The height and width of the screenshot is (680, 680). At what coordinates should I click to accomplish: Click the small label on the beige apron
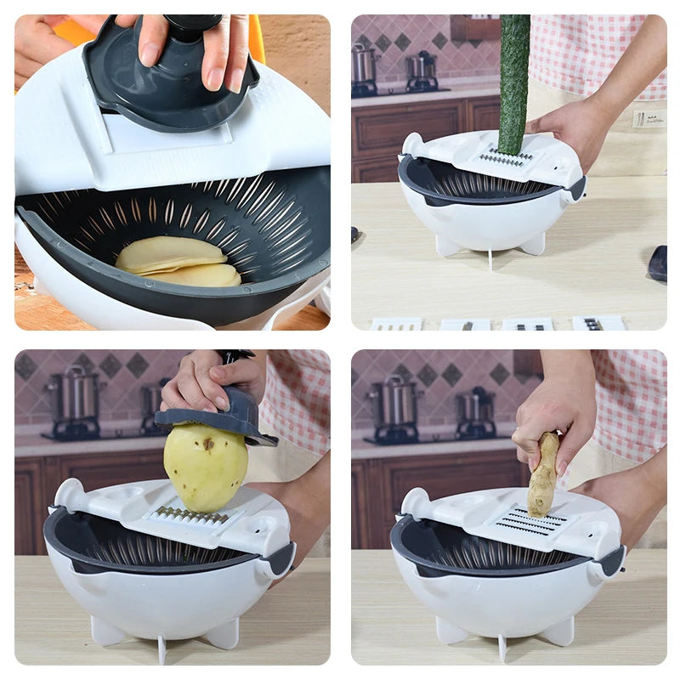coord(649,118)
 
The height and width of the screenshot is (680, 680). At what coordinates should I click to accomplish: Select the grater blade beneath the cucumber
coord(507,158)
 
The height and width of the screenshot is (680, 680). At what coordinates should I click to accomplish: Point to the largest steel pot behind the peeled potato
coord(75,394)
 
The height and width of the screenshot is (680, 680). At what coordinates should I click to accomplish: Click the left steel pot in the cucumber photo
coord(365,65)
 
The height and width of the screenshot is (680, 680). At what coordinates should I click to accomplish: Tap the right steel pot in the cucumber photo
coord(421,70)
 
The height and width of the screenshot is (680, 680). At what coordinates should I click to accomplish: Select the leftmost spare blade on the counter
coord(395,324)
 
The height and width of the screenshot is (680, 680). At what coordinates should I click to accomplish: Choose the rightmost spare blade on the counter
coord(598,323)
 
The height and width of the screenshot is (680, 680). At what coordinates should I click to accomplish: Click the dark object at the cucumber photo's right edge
coord(657,263)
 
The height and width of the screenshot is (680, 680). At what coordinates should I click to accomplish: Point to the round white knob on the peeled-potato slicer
coord(69,492)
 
